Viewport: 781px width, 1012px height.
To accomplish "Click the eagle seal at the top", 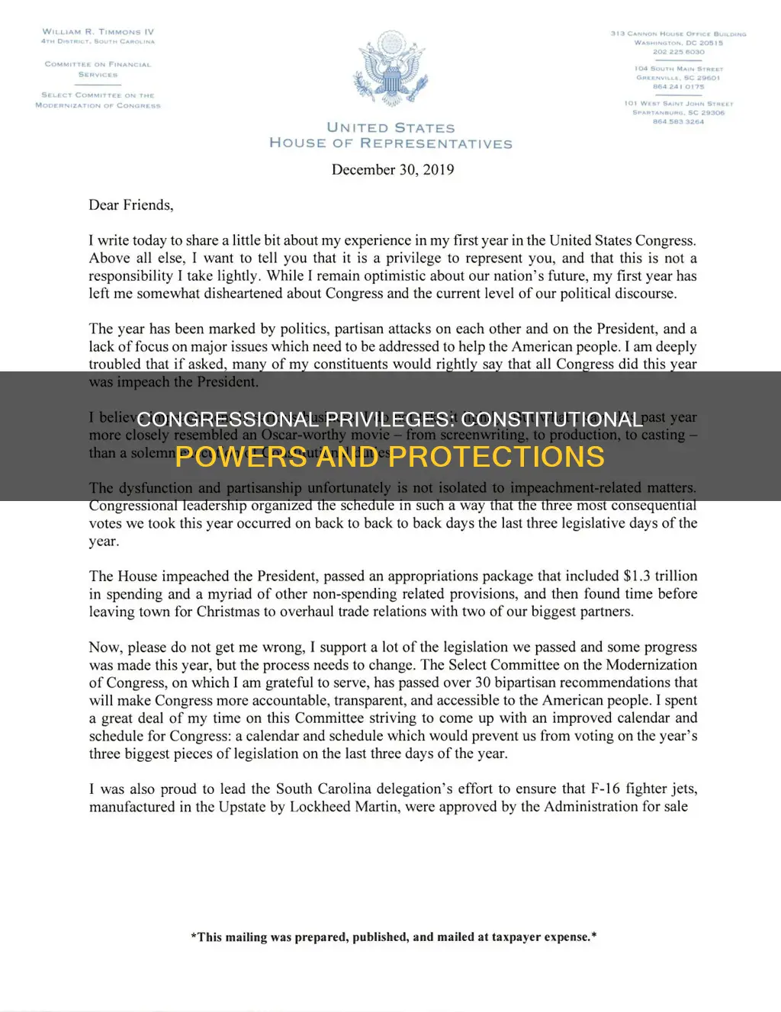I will coord(390,70).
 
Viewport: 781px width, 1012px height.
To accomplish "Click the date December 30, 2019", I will coord(392,169).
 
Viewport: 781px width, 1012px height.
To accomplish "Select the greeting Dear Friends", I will coord(130,204).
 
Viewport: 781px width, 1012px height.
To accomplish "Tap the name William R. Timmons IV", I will coord(98,32).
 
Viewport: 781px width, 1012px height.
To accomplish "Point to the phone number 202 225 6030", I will coord(678,52).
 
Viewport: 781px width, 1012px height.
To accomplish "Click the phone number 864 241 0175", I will coord(678,87).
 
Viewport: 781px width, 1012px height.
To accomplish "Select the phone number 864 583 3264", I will coord(678,122).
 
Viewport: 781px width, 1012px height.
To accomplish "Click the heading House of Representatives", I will coord(390,143).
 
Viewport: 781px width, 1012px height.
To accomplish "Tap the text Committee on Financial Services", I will coord(98,69).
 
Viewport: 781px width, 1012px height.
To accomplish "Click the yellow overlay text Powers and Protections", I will coord(390,457).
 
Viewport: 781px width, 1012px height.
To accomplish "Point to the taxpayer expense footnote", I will coord(393,937).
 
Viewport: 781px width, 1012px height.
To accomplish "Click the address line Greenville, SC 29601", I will coord(678,78).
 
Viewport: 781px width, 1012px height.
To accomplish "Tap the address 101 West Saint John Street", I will coord(678,104).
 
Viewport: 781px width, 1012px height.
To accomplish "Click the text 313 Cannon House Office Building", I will coord(678,34).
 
